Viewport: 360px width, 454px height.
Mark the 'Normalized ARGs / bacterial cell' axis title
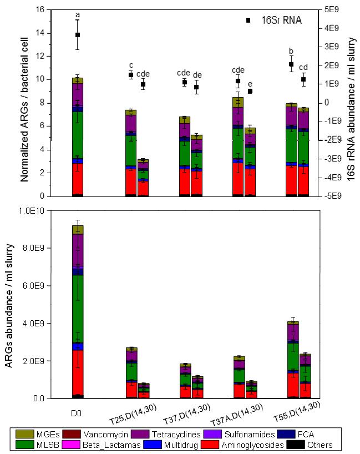pos(25,103)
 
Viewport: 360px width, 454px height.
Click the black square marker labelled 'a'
pos(78,35)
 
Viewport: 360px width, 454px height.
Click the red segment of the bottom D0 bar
pos(78,372)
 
